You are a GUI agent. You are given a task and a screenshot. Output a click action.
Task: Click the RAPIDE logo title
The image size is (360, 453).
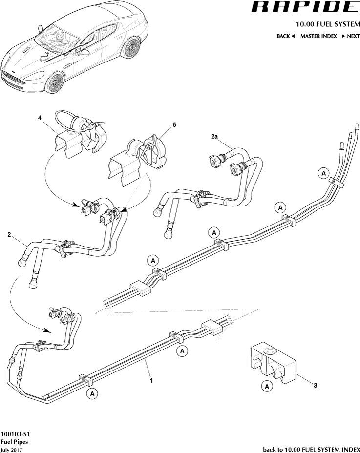(304, 7)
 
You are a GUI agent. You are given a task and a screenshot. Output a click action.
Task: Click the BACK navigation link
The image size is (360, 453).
(286, 36)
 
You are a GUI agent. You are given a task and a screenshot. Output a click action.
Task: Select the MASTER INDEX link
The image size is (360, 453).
(318, 36)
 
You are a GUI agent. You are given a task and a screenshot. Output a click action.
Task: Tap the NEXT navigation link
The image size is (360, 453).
(350, 36)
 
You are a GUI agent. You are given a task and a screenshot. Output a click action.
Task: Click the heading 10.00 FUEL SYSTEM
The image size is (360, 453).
(327, 24)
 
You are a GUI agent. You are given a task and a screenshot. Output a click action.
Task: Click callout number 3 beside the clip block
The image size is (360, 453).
(315, 386)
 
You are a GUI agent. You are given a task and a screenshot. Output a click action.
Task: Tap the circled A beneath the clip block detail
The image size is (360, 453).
(267, 387)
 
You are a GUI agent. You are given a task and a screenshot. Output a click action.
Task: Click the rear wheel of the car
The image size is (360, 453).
(130, 47)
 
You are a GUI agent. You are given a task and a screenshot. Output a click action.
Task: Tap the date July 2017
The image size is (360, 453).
(11, 449)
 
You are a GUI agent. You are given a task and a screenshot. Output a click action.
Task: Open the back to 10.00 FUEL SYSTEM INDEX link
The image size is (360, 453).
(311, 449)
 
